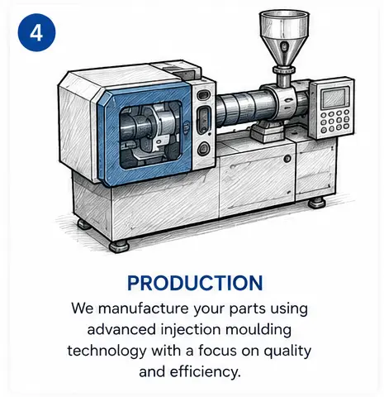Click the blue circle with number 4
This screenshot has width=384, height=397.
point(36,33)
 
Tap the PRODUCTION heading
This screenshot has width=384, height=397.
point(195,283)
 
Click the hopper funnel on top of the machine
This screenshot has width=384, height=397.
point(284,39)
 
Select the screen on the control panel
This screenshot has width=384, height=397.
point(335,98)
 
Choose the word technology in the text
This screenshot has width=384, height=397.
point(107,352)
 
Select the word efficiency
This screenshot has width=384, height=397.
point(206,372)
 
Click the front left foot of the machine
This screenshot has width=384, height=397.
point(119,246)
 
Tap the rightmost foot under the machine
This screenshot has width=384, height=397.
point(316,203)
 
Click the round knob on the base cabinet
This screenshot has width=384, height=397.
point(287,159)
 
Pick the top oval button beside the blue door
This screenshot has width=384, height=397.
point(203,95)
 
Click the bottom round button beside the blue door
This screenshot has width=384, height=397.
point(204,148)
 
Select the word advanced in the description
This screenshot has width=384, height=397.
point(121,330)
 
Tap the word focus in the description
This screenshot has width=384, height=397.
point(217,352)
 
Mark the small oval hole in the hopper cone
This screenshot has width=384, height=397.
point(283,46)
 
